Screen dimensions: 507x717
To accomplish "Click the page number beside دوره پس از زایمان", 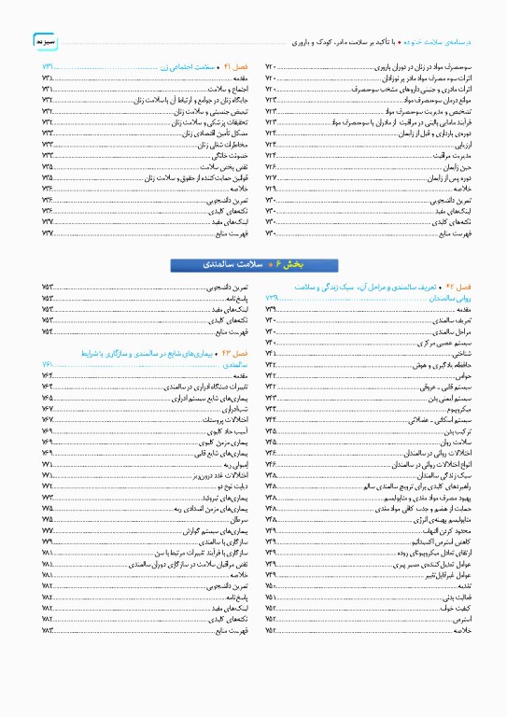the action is pyautogui.click(x=272, y=177).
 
